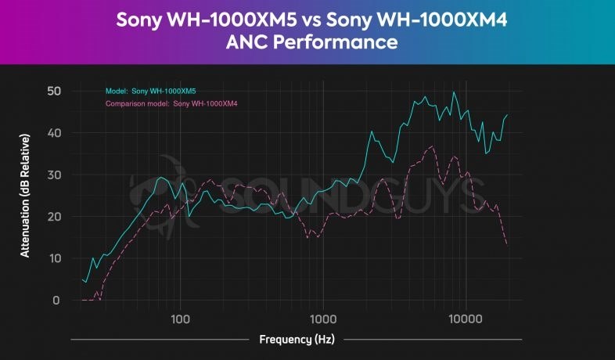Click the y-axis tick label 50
coord(53,91)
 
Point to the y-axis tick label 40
coord(53,133)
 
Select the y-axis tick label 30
coord(53,175)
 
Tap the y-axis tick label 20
coord(53,217)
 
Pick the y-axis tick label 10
coord(53,258)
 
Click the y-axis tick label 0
coord(56,301)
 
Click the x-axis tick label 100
coord(181,319)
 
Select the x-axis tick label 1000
coord(323,319)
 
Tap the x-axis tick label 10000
coord(466,319)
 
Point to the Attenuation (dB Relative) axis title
coord(25,196)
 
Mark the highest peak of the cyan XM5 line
coord(454,92)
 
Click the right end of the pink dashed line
coord(507,244)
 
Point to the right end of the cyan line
coord(507,115)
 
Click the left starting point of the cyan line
coord(82,279)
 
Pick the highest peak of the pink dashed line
coord(431,146)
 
